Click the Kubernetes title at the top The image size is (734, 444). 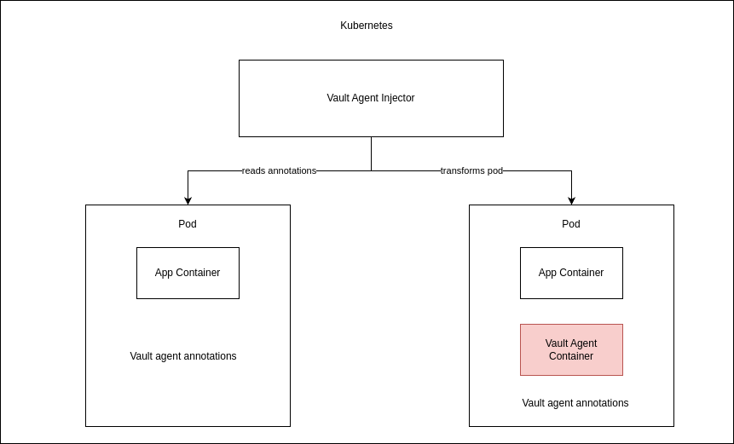(x=367, y=26)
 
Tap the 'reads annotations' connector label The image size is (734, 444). (x=279, y=170)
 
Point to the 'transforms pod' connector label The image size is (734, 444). (x=471, y=170)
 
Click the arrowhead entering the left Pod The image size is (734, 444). (x=188, y=200)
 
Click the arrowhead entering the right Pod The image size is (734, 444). (x=571, y=200)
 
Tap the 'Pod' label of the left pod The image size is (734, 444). (x=188, y=224)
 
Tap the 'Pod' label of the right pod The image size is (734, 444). (x=571, y=224)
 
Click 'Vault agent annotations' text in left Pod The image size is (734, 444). (x=183, y=356)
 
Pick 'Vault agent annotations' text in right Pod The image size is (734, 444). (x=575, y=403)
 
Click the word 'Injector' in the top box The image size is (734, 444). (x=396, y=98)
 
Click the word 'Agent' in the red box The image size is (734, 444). (x=583, y=343)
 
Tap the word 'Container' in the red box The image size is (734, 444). (x=571, y=356)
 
